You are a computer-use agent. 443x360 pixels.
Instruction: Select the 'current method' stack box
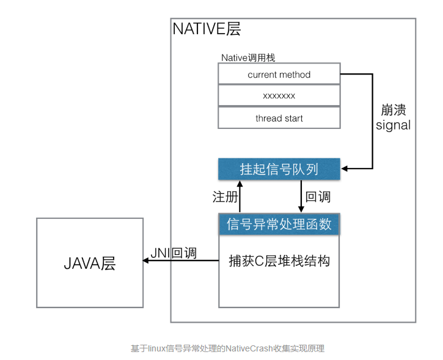(279, 75)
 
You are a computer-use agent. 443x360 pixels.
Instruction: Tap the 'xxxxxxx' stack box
(279, 96)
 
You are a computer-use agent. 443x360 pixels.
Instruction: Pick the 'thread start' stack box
(279, 118)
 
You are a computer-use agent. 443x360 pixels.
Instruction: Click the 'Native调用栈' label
(248, 57)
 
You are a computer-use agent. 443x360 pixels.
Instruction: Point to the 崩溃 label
(393, 110)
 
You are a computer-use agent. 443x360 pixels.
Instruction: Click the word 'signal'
(393, 126)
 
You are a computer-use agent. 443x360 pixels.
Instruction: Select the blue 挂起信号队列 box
(279, 169)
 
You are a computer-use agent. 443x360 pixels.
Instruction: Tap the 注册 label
(223, 197)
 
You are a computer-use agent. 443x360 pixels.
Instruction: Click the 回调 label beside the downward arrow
(318, 197)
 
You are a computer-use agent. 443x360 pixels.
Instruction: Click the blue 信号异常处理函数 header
(279, 224)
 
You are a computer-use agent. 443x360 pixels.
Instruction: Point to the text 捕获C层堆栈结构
(279, 261)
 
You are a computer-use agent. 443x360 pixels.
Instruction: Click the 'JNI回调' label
(174, 252)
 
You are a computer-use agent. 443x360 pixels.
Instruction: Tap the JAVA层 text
(90, 263)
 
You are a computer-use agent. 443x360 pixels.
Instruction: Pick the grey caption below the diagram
(227, 348)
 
